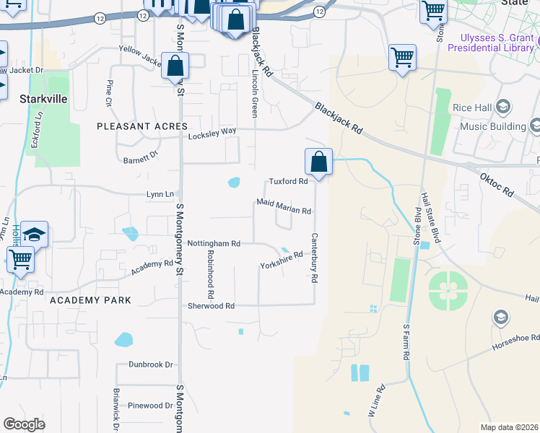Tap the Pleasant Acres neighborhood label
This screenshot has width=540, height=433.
(142, 126)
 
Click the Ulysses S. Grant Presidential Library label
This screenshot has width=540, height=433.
(492, 43)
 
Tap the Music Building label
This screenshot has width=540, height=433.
(493, 127)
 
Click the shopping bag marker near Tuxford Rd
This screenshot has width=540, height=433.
(318, 163)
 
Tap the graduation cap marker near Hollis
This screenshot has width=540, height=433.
(34, 235)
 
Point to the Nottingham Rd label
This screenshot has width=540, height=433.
(214, 244)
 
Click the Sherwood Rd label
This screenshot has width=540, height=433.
(211, 306)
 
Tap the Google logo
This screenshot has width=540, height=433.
(24, 424)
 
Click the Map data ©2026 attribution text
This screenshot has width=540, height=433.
(509, 427)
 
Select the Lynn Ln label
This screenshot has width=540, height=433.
(160, 194)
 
